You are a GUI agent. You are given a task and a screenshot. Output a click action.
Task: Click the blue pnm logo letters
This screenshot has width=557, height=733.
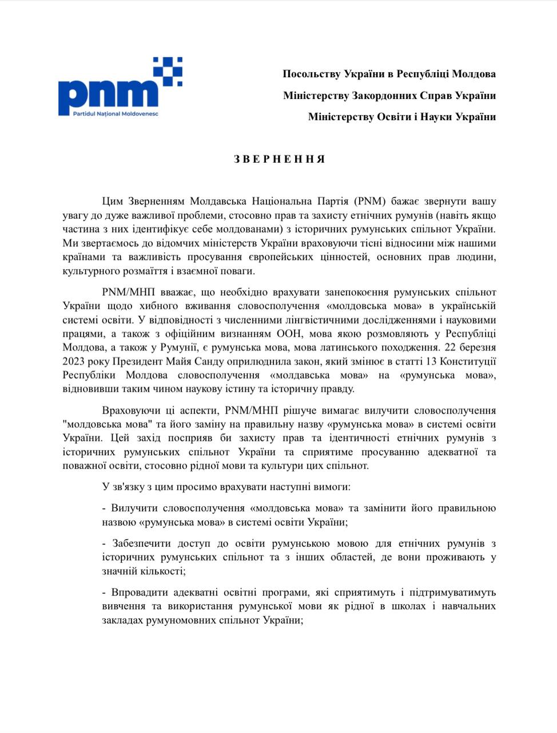[109, 94]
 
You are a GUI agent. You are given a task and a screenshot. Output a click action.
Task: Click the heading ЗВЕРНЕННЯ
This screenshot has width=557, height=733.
[279, 159]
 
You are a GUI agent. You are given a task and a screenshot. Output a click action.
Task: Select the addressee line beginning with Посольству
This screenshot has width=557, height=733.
[389, 74]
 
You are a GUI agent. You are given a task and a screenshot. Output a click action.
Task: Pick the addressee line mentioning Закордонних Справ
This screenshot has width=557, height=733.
[389, 95]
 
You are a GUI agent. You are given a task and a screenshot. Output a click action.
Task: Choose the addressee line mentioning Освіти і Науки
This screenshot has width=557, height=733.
[401, 116]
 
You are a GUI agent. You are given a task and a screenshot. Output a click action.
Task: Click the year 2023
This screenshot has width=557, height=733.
[74, 361]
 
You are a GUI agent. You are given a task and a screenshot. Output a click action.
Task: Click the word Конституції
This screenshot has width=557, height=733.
[470, 361]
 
